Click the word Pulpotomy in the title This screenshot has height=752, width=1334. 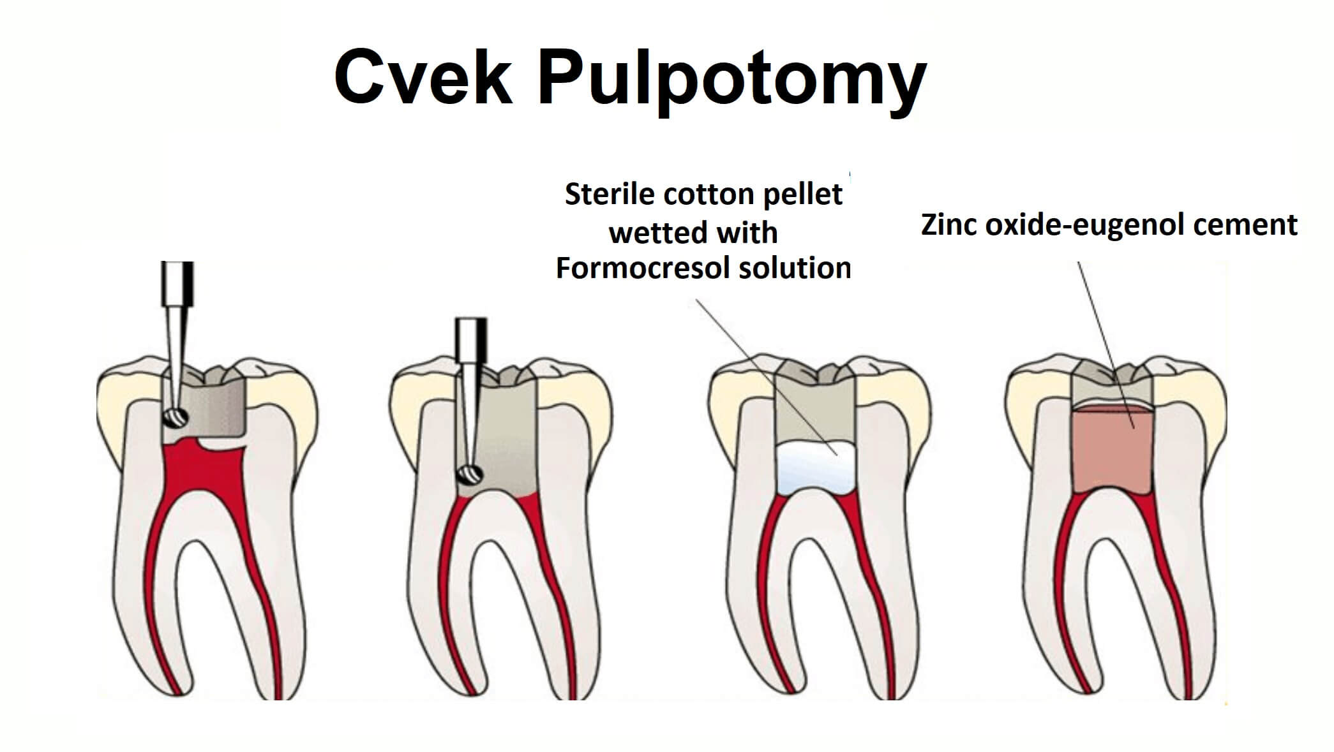pos(732,80)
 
